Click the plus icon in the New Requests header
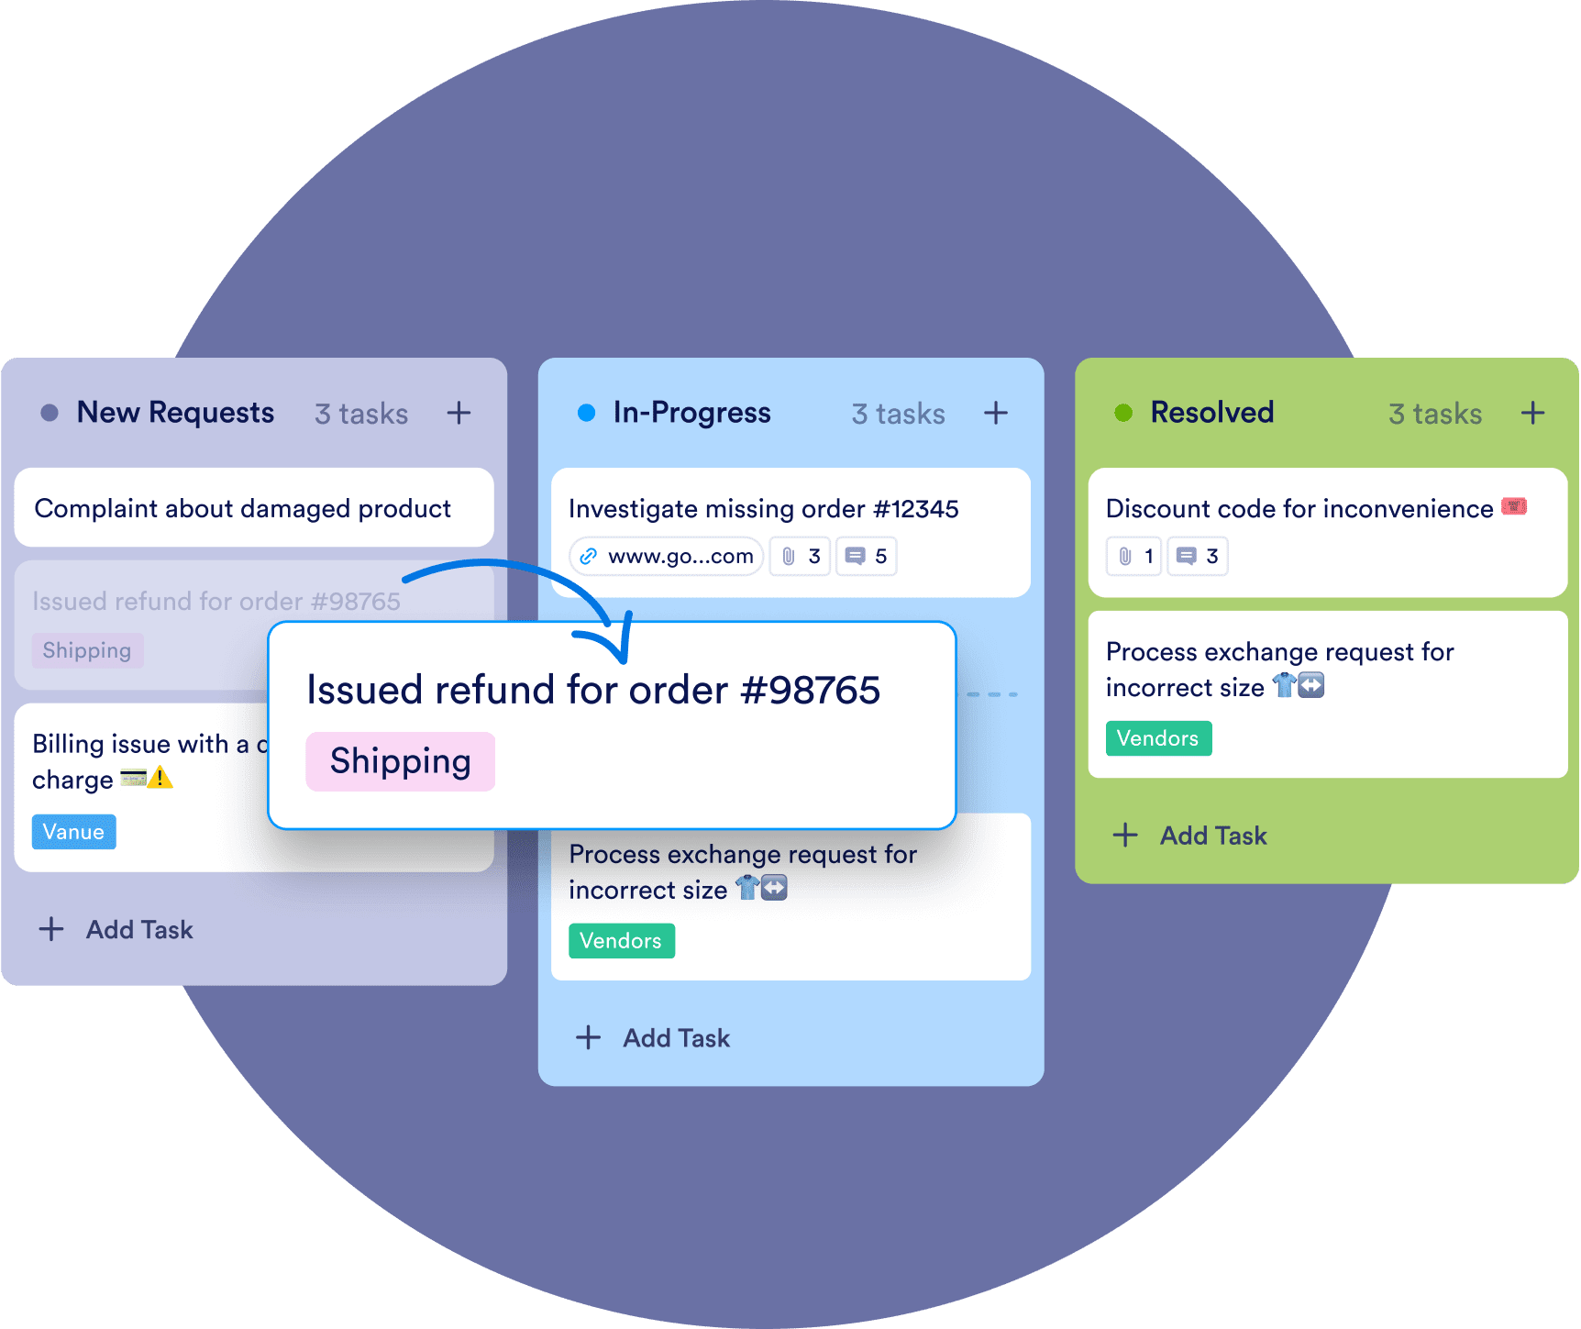pyautogui.click(x=459, y=413)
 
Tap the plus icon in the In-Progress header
pyautogui.click(x=996, y=413)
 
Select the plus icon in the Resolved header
pyautogui.click(x=1532, y=413)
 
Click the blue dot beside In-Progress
pyautogui.click(x=586, y=413)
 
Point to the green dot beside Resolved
pyautogui.click(x=1123, y=413)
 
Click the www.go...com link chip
pyautogui.click(x=667, y=557)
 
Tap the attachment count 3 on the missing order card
pyautogui.click(x=801, y=557)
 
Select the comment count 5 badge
pyautogui.click(x=867, y=557)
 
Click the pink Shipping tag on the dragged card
pyautogui.click(x=401, y=761)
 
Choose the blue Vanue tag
pyautogui.click(x=74, y=832)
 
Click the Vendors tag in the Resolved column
pyautogui.click(x=1158, y=738)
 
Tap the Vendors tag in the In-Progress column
pyautogui.click(x=622, y=941)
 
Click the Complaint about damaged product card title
pyautogui.click(x=243, y=508)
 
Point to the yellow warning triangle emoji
pyautogui.click(x=160, y=778)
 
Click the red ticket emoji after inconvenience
pyautogui.click(x=1514, y=506)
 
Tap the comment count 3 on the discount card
pyautogui.click(x=1198, y=557)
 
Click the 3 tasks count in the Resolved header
pyautogui.click(x=1435, y=414)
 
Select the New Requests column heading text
pyautogui.click(x=175, y=413)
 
